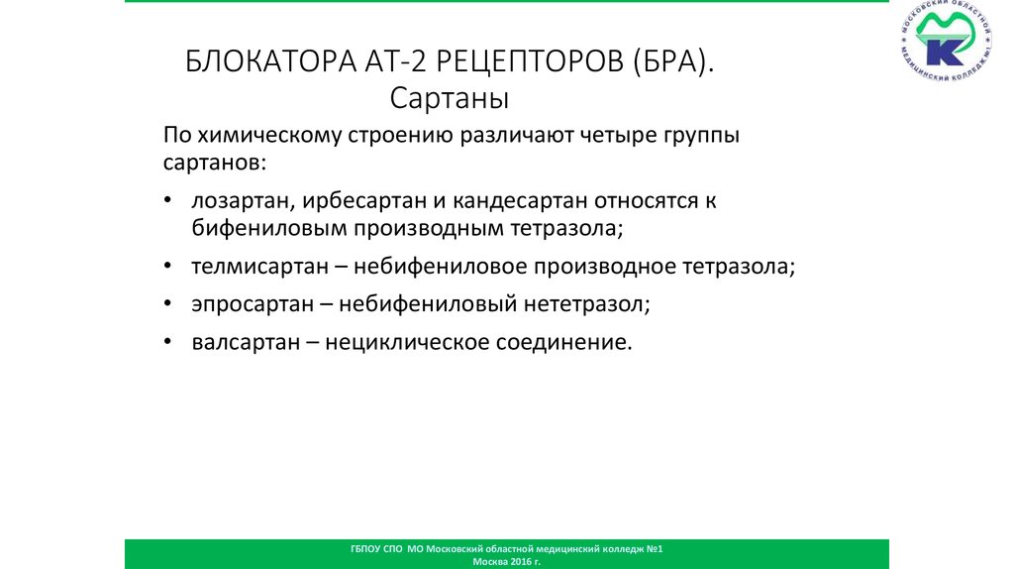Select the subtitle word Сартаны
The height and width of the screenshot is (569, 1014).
click(x=449, y=99)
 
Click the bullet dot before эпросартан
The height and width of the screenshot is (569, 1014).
click(x=169, y=305)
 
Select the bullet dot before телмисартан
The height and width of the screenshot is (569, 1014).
click(x=169, y=267)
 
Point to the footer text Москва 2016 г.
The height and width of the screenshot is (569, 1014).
click(x=507, y=561)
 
